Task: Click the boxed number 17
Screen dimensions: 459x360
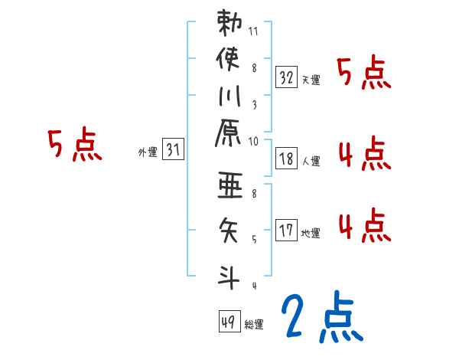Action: pyautogui.click(x=286, y=231)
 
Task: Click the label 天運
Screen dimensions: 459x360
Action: pyautogui.click(x=311, y=80)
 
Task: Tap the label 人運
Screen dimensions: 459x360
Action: pyautogui.click(x=311, y=161)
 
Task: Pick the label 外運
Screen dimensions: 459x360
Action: pyautogui.click(x=148, y=153)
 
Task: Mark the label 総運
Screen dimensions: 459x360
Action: pyautogui.click(x=254, y=324)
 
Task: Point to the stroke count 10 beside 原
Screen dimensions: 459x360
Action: pyautogui.click(x=254, y=140)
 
